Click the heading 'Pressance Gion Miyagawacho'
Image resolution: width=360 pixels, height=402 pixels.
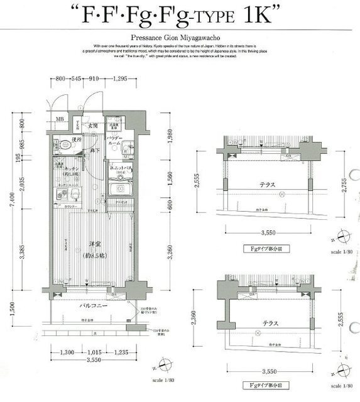point(180,38)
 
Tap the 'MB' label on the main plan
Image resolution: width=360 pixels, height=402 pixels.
point(60,119)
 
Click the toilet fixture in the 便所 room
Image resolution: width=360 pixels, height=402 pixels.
point(60,148)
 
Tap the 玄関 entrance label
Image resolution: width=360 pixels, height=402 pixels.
point(92,126)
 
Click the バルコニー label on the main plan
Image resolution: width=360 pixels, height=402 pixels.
point(91,307)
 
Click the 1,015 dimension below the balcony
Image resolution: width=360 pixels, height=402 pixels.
point(95,353)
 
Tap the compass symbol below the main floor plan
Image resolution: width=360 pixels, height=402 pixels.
point(165,365)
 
